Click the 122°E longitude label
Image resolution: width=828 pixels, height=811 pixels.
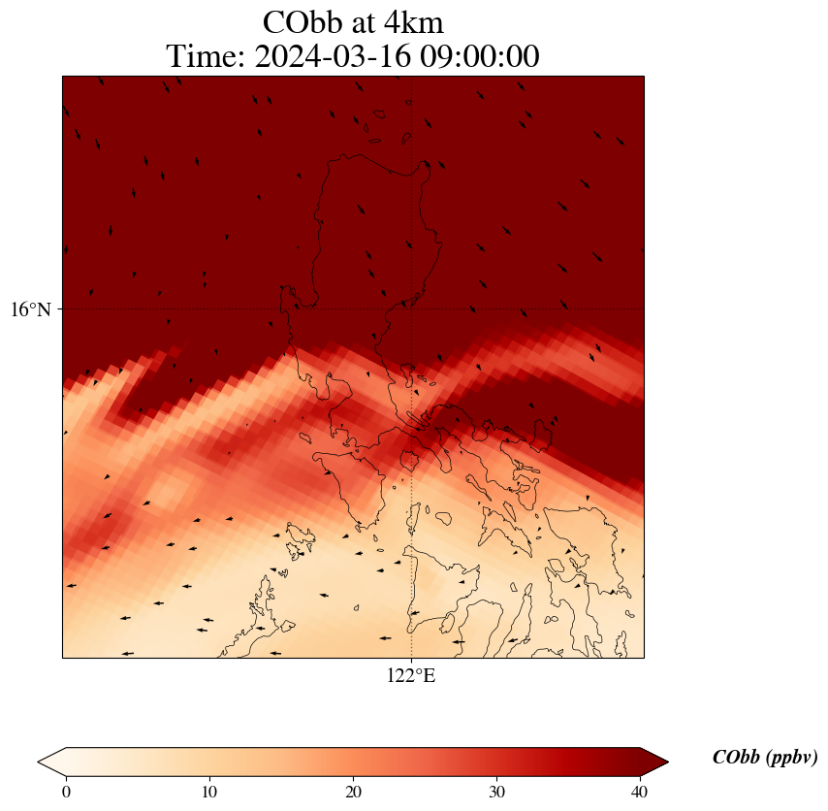pyautogui.click(x=411, y=676)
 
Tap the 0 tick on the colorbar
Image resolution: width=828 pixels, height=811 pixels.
pyautogui.click(x=66, y=792)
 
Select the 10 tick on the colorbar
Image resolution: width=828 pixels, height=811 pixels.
pyautogui.click(x=209, y=792)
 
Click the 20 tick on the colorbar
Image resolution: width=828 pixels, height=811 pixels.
pyautogui.click(x=353, y=792)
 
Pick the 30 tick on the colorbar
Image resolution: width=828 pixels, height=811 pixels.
pyautogui.click(x=496, y=792)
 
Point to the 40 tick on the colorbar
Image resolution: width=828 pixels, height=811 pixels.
pyautogui.click(x=640, y=792)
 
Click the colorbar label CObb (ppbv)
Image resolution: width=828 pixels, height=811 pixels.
pyautogui.click(x=765, y=758)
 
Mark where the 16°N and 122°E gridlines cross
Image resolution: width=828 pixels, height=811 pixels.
pyautogui.click(x=412, y=309)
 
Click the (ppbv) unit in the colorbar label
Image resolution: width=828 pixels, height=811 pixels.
pyautogui.click(x=790, y=758)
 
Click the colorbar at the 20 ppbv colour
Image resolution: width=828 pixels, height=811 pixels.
pyautogui.click(x=353, y=762)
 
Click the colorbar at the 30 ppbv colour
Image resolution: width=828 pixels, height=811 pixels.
pyautogui.click(x=496, y=762)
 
